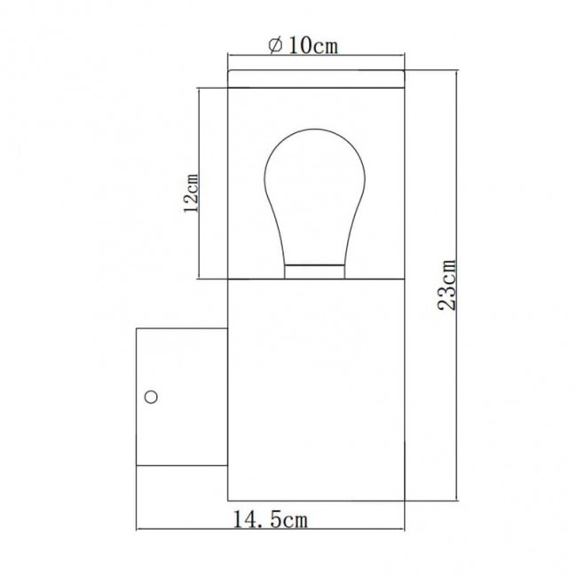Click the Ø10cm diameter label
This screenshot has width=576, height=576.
[303, 45]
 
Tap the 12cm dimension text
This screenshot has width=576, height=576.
[191, 193]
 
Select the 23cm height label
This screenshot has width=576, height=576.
[447, 285]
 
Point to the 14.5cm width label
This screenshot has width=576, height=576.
[271, 520]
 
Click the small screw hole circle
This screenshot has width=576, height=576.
[152, 397]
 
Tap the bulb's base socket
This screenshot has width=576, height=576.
[315, 272]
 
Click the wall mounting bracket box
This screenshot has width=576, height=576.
[182, 397]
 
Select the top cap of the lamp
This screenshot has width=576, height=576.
[316, 79]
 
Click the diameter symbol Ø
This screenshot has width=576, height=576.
[275, 45]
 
